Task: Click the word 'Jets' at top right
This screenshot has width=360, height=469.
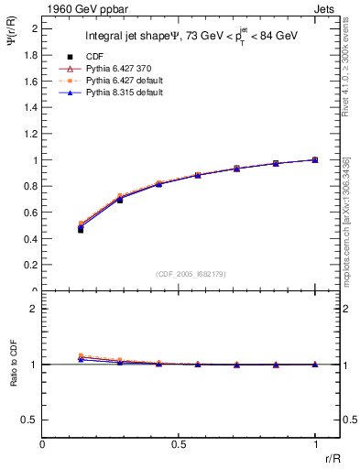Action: coord(326,8)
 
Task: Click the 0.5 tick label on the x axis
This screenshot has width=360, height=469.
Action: coord(179,444)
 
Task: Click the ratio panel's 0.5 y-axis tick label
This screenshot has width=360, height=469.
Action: coord(31,420)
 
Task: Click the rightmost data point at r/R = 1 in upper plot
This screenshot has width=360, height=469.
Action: coord(315,159)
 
